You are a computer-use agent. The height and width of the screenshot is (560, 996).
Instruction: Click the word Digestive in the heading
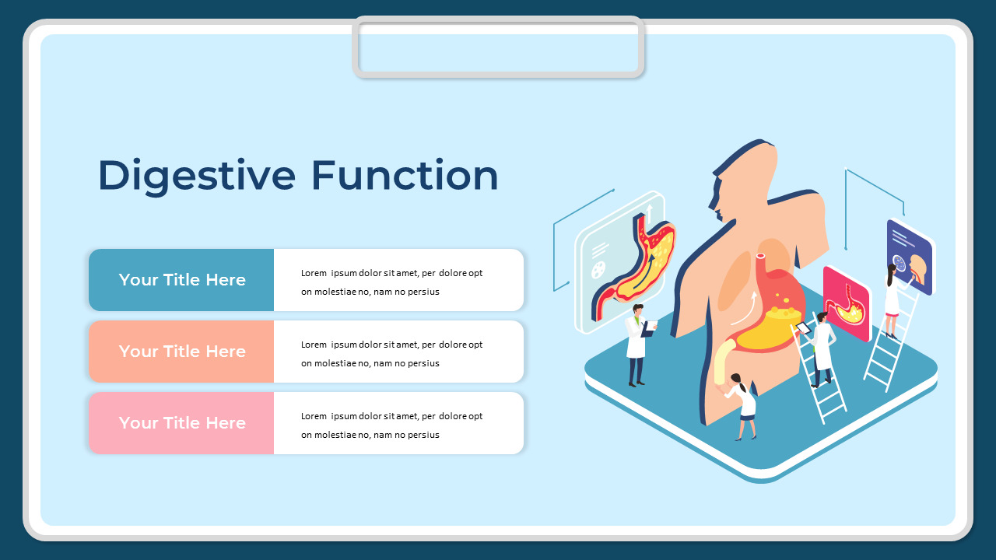click(196, 175)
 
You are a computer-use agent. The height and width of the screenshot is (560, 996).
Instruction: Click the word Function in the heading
click(405, 175)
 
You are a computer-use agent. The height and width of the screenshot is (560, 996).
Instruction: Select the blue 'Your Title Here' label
click(182, 280)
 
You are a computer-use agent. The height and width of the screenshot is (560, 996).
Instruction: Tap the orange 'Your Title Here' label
click(182, 352)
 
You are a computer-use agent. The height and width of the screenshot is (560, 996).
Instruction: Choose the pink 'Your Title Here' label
click(182, 423)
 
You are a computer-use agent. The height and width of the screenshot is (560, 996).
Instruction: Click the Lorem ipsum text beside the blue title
click(391, 282)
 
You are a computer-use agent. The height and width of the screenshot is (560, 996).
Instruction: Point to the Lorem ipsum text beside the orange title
click(391, 354)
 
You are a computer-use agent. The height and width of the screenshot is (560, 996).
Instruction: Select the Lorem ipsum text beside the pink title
click(391, 425)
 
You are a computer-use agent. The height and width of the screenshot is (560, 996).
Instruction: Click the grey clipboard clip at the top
click(498, 47)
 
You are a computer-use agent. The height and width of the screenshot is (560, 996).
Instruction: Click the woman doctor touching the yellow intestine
click(743, 403)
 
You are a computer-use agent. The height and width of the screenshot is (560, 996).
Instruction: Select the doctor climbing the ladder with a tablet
click(821, 346)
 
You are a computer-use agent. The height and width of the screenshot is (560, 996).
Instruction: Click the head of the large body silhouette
click(743, 183)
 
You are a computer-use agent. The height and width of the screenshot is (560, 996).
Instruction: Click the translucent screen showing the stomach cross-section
click(622, 261)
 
